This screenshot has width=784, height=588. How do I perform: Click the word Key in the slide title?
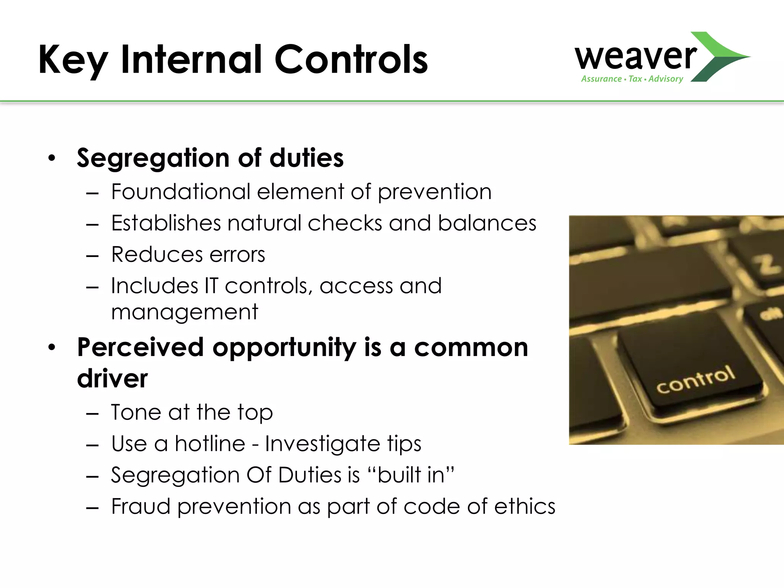[73, 60]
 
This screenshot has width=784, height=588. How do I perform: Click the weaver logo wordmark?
[635, 57]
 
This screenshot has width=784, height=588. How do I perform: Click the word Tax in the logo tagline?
[635, 79]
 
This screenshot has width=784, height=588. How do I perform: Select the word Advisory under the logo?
[666, 79]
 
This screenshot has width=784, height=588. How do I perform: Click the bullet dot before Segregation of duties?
[52, 158]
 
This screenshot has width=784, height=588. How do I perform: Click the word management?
[185, 312]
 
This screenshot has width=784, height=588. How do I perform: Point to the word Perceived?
[140, 347]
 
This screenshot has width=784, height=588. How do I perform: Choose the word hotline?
[210, 444]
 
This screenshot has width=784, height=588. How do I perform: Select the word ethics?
[524, 506]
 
